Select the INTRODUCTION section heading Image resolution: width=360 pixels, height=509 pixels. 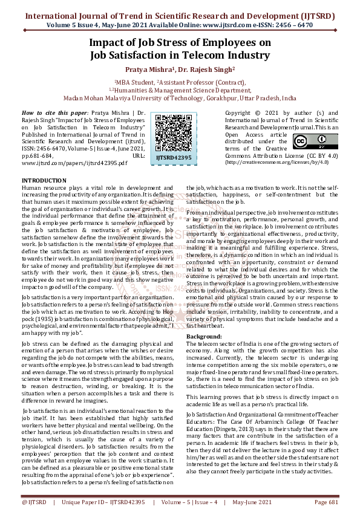tap(44, 181)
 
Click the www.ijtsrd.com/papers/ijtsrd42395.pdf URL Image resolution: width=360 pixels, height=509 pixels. tap(74, 163)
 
